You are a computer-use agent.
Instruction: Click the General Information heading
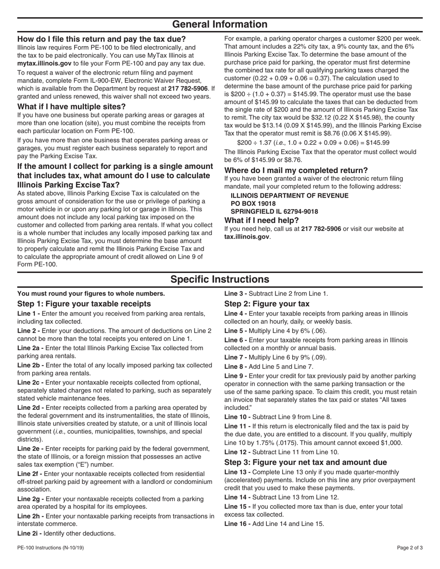pyautogui.click(x=220, y=25)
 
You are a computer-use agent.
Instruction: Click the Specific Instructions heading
pyautogui.click(x=220, y=279)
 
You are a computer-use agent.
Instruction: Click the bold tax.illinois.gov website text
pyautogui.click(x=247, y=237)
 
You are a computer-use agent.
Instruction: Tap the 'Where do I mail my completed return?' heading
pyautogui.click(x=296, y=170)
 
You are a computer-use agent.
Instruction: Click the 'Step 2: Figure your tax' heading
pyautogui.click(x=267, y=304)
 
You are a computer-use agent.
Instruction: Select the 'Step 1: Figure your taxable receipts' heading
pyautogui.click(x=84, y=304)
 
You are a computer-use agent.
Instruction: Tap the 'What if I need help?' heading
pyautogui.click(x=262, y=220)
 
